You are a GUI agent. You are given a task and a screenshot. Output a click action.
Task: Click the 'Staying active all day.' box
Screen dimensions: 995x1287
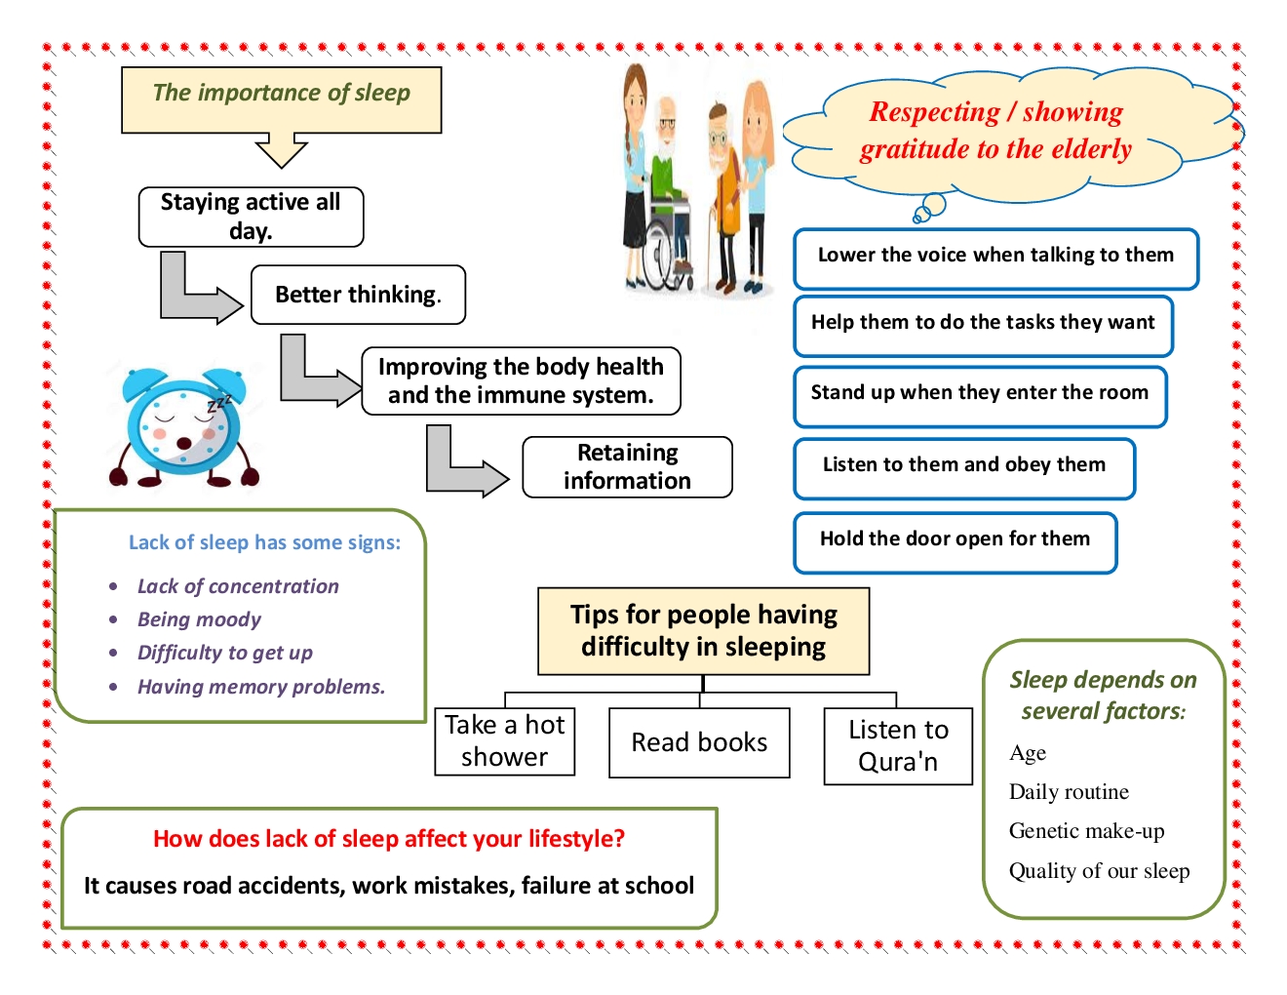pos(251,217)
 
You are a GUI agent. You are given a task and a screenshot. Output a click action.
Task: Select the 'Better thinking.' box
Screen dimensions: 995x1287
pos(358,295)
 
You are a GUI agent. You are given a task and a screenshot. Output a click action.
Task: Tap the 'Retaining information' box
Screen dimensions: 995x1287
pos(627,467)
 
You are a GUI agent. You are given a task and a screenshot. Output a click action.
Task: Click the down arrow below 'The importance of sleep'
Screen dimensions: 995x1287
pos(281,151)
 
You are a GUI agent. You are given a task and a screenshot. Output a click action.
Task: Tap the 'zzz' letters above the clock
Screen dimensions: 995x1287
pos(219,403)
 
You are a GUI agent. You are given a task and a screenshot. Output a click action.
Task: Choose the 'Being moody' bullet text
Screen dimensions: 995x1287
pos(199,619)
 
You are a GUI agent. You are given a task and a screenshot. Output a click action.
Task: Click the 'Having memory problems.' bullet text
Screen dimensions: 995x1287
pos(261,687)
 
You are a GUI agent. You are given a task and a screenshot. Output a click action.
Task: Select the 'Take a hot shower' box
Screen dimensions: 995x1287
pos(504,741)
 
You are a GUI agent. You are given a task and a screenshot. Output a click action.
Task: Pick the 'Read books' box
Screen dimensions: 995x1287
pos(699,742)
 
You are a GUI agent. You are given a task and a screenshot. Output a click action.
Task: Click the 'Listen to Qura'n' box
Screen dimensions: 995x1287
pos(898,745)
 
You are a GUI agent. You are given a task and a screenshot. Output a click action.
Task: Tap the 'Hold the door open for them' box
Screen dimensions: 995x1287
pos(955,539)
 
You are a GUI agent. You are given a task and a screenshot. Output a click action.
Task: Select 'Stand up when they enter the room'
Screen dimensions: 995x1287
pos(979,393)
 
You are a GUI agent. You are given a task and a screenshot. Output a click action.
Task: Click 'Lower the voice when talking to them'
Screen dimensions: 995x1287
pos(995,256)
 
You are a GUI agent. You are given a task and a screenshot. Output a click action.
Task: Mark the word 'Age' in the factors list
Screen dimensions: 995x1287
pos(1028,753)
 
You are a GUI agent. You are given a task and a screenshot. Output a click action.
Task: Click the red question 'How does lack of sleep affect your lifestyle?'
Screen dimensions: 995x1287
pos(389,839)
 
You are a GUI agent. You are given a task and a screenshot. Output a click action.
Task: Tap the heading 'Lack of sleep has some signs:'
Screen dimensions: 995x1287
pos(264,542)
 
